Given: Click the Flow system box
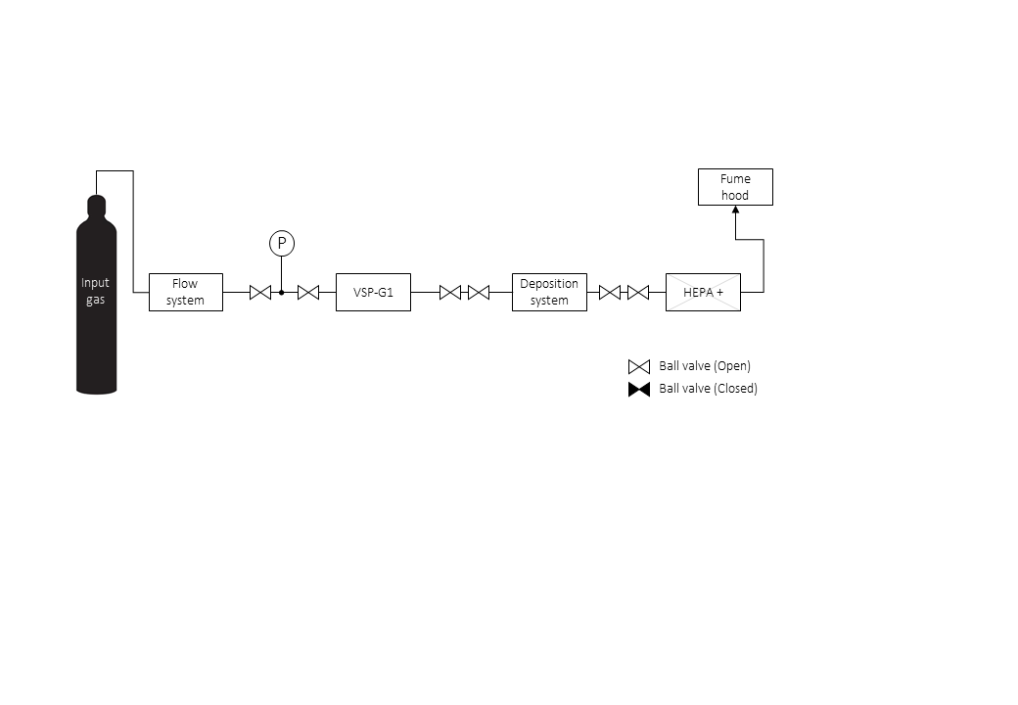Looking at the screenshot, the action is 186,292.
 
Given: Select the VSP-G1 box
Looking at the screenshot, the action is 373,292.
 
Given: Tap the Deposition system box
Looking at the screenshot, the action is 549,292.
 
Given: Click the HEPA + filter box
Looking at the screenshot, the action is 703,292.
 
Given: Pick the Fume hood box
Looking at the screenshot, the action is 735,187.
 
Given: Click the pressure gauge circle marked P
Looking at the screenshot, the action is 282,243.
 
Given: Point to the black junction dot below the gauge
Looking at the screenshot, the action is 282,292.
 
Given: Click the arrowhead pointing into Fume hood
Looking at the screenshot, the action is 735,210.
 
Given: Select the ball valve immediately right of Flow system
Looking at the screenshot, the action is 260,292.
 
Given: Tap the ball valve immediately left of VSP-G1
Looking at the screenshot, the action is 308,292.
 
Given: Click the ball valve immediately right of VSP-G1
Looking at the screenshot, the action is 450,292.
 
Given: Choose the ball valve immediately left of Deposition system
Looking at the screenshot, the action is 479,292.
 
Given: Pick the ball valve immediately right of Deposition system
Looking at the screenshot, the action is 610,292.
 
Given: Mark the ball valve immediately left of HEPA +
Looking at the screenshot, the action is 638,292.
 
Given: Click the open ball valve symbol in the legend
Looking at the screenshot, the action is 639,367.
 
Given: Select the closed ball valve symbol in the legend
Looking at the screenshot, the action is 639,389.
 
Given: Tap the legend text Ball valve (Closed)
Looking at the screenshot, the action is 709,388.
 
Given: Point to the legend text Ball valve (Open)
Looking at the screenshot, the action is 705,365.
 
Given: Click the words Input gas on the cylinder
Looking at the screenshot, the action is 96,291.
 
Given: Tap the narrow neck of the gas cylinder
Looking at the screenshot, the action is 96,206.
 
